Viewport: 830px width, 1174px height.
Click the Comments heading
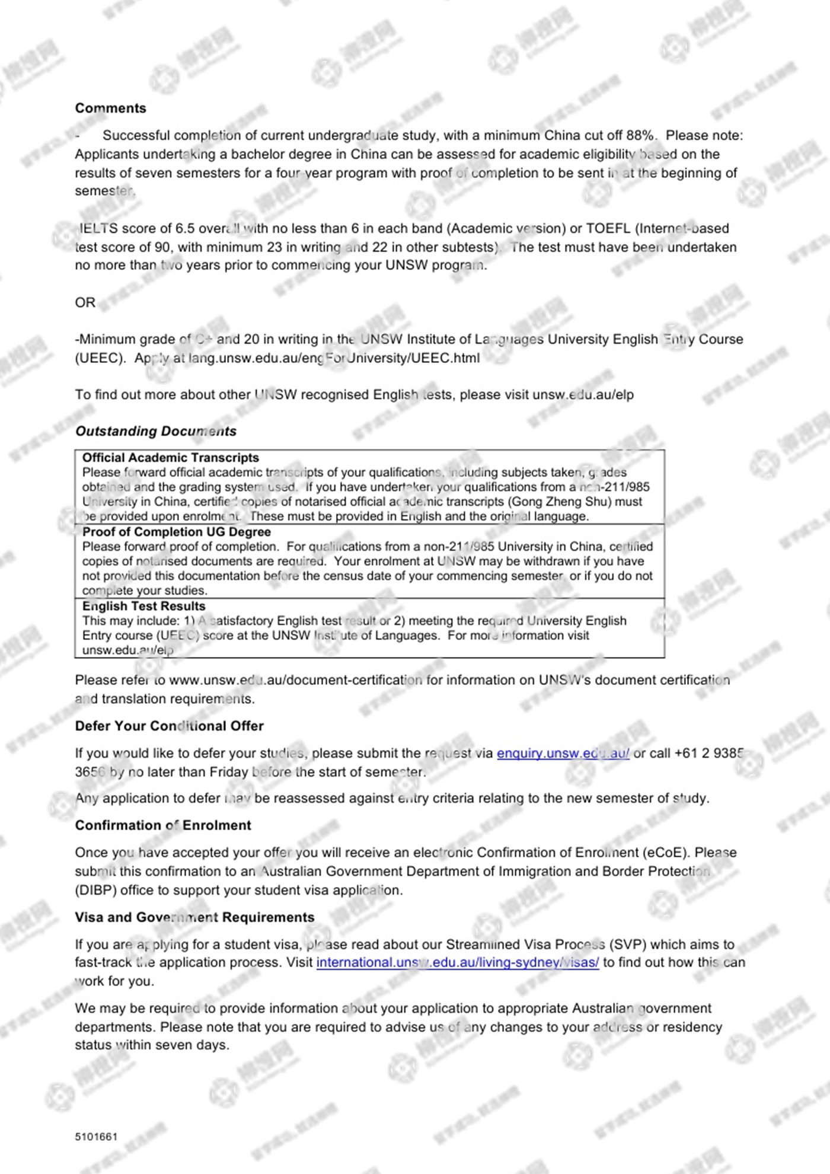click(x=110, y=108)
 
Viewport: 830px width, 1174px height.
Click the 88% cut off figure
click(x=640, y=135)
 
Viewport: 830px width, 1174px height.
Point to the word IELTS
click(x=98, y=228)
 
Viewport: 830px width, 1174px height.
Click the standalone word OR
click(x=85, y=302)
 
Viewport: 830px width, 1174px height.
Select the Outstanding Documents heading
click(x=155, y=431)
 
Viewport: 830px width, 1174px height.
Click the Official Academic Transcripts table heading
click(x=171, y=458)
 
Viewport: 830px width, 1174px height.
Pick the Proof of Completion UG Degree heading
click(x=176, y=532)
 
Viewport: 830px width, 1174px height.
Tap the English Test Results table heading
click(x=143, y=606)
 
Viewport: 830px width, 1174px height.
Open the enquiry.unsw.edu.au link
click(x=563, y=753)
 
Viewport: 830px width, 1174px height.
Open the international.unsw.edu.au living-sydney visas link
click(x=457, y=962)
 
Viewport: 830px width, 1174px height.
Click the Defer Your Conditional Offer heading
click(x=169, y=726)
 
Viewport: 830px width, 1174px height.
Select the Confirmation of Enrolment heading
click(x=163, y=825)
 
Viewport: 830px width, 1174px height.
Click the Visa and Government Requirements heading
click(x=194, y=917)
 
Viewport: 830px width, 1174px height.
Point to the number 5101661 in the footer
click(x=96, y=1137)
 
